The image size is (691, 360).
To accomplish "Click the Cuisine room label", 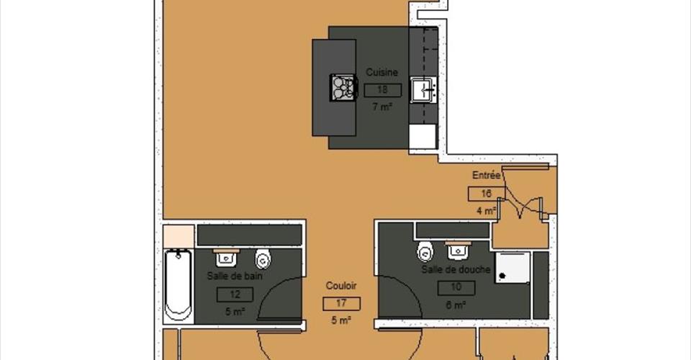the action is click(x=381, y=72).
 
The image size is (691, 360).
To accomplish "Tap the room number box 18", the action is click(x=382, y=90).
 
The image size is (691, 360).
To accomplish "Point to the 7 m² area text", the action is click(x=382, y=107).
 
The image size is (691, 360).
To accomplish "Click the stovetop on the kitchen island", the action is click(x=343, y=87).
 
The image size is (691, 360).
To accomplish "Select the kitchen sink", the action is click(x=423, y=90).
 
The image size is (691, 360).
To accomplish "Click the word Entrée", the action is click(x=486, y=175).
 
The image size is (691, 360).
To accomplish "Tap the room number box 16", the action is click(x=486, y=194).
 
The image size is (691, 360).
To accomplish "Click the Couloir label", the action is click(x=341, y=286).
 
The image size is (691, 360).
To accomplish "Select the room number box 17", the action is click(x=341, y=304).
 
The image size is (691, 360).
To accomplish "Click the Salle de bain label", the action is click(x=235, y=276).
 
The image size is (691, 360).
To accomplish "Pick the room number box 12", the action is click(x=235, y=294).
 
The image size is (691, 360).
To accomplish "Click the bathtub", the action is click(x=178, y=286).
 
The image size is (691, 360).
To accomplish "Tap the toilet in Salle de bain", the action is click(x=263, y=259).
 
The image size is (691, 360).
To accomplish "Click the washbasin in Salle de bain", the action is click(x=227, y=258).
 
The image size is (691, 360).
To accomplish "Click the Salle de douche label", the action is click(x=456, y=269).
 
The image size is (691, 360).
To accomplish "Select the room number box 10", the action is click(x=456, y=288).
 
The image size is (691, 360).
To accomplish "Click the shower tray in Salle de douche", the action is click(x=512, y=268).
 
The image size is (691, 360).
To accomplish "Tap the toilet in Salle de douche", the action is click(x=425, y=251).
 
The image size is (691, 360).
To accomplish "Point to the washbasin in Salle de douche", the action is click(x=458, y=251).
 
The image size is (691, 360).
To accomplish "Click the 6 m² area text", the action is click(x=456, y=305).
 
